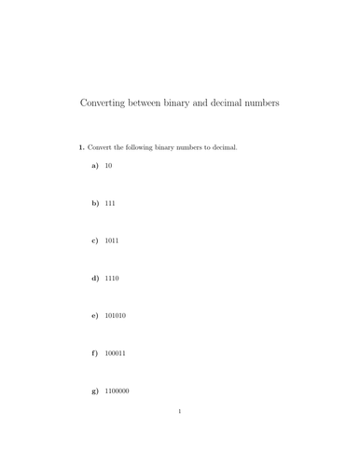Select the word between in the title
click(148, 103)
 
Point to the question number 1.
click(81, 147)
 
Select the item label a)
click(95, 165)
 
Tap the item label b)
click(95, 202)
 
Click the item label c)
click(95, 240)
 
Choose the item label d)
click(95, 278)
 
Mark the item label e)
click(95, 316)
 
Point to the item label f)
click(95, 353)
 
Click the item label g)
click(95, 391)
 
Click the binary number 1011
click(112, 240)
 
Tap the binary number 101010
click(116, 316)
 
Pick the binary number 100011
click(116, 353)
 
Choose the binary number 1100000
click(118, 391)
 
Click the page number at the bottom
click(180, 437)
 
